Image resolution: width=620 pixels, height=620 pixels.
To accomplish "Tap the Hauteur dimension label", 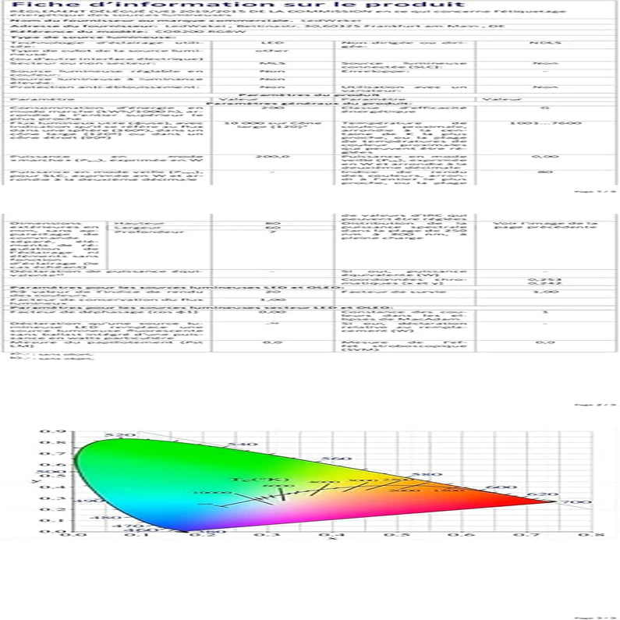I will (128, 223).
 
